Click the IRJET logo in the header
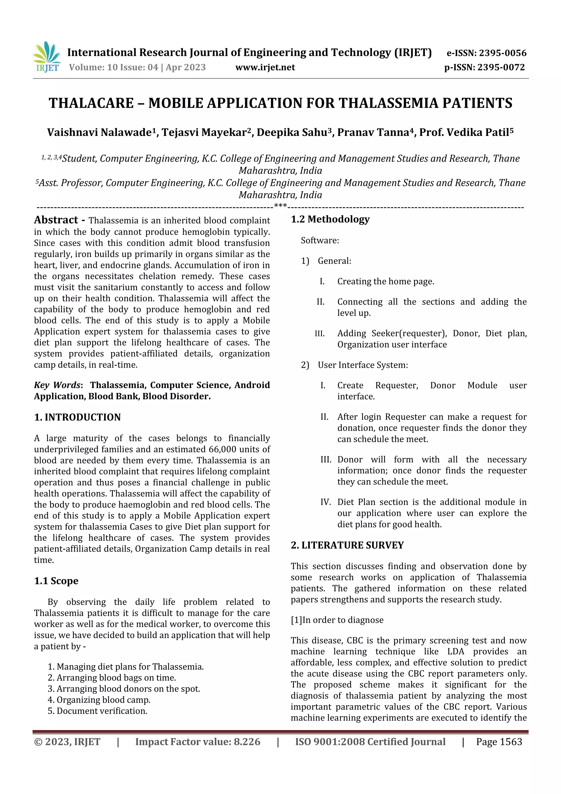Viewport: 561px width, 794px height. (x=47, y=57)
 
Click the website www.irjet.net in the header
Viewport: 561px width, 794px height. (x=265, y=67)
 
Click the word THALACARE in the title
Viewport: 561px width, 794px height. (x=91, y=103)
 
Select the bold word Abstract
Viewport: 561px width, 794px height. (x=56, y=220)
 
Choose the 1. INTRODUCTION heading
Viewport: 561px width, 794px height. (x=78, y=417)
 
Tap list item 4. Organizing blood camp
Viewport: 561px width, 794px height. (x=99, y=700)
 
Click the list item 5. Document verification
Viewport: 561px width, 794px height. (x=98, y=711)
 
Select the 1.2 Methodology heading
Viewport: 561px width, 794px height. (x=330, y=219)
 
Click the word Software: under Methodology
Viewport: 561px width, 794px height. (x=320, y=241)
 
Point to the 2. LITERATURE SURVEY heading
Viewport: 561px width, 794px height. (x=347, y=545)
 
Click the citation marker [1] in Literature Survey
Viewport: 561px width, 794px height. (x=296, y=620)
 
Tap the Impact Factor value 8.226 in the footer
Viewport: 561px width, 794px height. (x=247, y=742)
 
